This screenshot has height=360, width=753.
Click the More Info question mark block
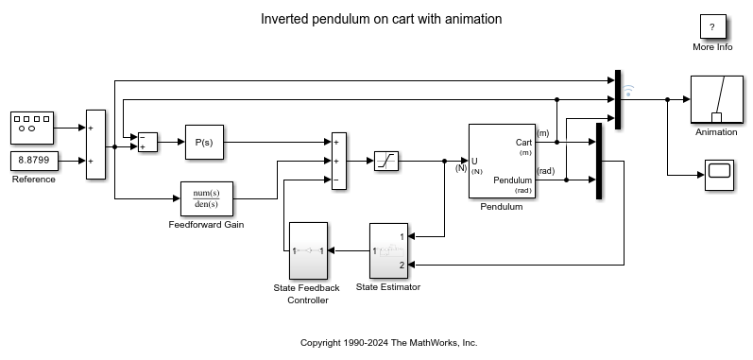click(x=711, y=27)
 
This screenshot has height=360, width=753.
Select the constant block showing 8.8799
click(x=33, y=161)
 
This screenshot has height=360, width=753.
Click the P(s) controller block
click(x=203, y=142)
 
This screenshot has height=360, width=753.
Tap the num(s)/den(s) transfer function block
click(x=206, y=198)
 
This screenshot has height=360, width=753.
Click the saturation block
click(x=385, y=161)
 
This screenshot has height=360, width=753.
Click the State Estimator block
click(x=388, y=250)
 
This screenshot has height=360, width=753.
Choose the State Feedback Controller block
click(x=308, y=250)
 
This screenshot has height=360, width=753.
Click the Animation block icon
click(x=716, y=99)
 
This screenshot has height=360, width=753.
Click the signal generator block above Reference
click(x=33, y=126)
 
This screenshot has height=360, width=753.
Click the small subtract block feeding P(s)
click(x=147, y=142)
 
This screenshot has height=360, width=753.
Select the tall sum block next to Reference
click(x=94, y=144)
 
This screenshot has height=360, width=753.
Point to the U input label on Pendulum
click(x=474, y=161)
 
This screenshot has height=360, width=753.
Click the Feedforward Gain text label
click(x=206, y=224)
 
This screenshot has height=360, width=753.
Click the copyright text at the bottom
click(x=388, y=342)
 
